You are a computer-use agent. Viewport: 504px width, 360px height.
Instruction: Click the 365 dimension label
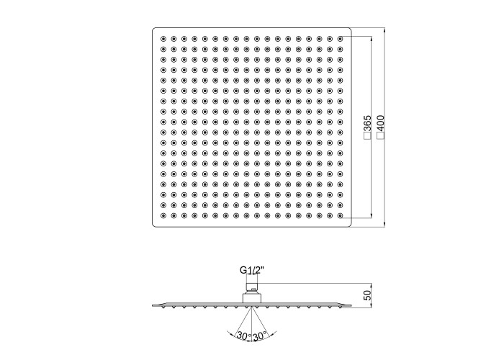tap(368, 123)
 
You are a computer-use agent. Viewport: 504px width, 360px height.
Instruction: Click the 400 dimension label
tap(381, 123)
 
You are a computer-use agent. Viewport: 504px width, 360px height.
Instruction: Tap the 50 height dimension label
tap(368, 295)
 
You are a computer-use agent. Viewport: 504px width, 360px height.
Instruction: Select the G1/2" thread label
tap(252, 270)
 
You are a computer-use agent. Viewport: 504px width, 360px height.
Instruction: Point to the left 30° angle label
tap(244, 336)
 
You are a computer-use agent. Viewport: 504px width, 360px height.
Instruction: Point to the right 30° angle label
tap(260, 336)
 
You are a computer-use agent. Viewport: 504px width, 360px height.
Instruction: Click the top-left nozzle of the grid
tap(163, 39)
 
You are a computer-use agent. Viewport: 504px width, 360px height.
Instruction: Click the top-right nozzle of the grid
tap(340, 39)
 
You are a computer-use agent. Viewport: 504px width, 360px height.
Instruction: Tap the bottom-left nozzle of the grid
tap(163, 215)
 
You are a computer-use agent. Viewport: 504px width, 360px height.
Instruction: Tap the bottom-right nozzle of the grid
tap(340, 215)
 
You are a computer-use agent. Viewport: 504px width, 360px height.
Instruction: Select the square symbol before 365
tap(368, 136)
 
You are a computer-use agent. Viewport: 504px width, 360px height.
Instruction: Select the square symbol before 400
tap(381, 136)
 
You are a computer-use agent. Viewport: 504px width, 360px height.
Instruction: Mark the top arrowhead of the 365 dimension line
tap(372, 39)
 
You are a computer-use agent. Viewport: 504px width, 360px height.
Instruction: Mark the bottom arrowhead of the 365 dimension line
tap(372, 215)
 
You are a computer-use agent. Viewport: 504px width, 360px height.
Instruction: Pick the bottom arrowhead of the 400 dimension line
tap(384, 225)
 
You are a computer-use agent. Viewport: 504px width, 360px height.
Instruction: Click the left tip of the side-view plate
tap(153, 305)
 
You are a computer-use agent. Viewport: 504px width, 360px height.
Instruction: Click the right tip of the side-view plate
tap(351, 305)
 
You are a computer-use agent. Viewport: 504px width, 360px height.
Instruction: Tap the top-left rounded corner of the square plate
tap(153, 29)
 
